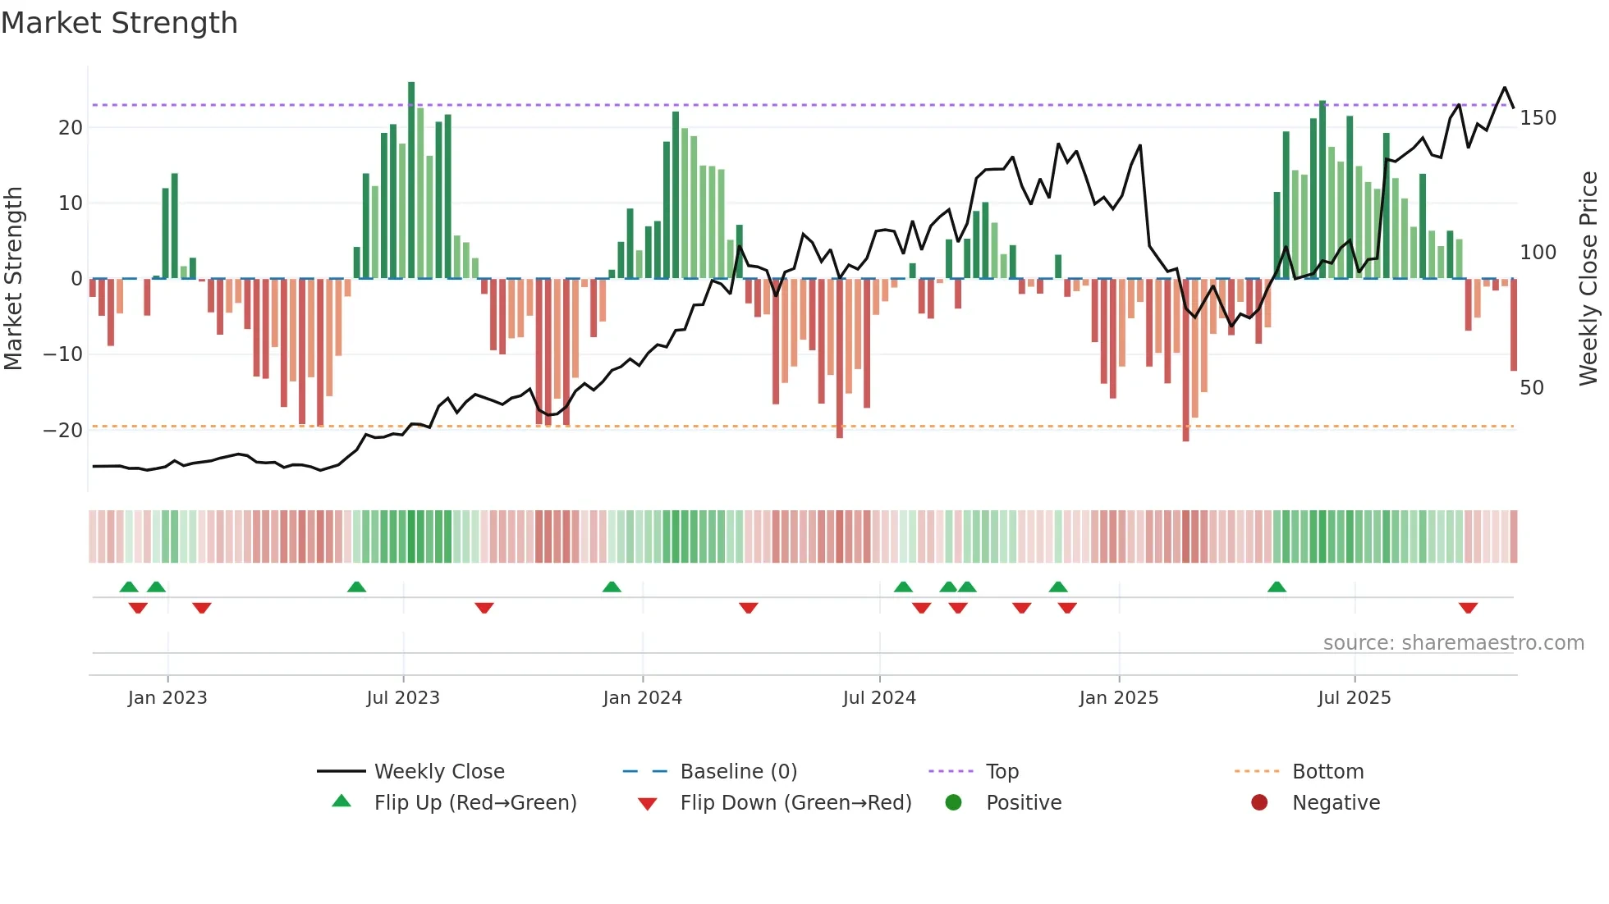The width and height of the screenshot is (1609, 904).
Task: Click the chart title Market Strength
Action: coord(119,23)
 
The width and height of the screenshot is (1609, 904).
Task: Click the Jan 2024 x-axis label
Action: coord(642,698)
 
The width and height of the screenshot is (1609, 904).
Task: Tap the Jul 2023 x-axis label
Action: coord(403,698)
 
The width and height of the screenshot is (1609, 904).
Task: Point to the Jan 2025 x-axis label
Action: coord(1118,698)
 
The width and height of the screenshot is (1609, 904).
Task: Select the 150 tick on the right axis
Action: coord(1538,118)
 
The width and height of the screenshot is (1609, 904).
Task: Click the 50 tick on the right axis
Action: coord(1532,388)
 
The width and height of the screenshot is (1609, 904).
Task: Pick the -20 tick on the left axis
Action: coord(63,431)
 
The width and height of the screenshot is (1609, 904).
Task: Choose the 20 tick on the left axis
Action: coord(71,128)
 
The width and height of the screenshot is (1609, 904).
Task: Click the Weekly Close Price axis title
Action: coord(1589,279)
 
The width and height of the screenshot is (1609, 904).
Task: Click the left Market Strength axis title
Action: coord(14,279)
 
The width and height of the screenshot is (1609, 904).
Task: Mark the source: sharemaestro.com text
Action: coord(1453,643)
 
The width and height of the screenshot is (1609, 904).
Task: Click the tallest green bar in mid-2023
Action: coord(411,180)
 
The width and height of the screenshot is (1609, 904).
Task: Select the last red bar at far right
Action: coord(1514,325)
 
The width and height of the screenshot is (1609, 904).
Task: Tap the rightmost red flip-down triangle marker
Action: coord(1468,608)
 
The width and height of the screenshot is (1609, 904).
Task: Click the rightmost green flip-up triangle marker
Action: coord(1277,587)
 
